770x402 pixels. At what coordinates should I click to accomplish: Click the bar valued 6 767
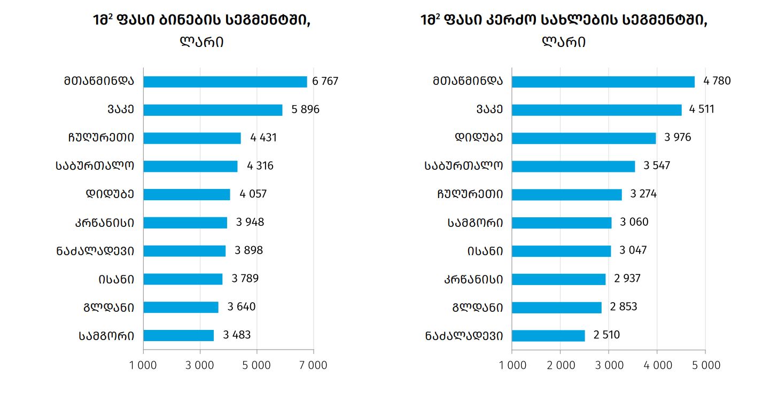225,82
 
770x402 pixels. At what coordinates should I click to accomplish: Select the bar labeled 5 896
213,110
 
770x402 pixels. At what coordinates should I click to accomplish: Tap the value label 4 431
263,138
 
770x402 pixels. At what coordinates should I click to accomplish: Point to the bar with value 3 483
178,335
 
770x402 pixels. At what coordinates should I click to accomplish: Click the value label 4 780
717,81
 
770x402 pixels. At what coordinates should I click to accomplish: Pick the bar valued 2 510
548,335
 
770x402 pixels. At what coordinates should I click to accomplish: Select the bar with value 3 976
584,138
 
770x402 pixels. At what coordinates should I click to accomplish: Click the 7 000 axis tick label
313,365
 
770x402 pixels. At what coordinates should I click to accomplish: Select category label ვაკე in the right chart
489,110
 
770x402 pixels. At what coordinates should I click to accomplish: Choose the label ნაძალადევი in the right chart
464,336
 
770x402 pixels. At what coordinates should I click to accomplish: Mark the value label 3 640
242,307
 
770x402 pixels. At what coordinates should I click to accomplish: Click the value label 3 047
633,250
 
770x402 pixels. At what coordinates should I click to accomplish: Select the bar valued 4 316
190,166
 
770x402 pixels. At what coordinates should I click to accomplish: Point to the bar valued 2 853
556,308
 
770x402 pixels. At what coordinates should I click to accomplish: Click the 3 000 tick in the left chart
200,365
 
